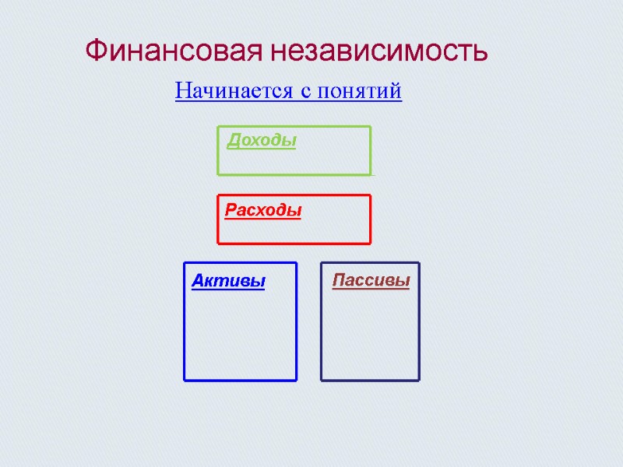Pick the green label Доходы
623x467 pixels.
[262, 141]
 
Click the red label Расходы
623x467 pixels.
[263, 210]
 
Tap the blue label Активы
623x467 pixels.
[228, 281]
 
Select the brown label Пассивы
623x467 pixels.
[371, 280]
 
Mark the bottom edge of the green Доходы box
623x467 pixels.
[294, 174]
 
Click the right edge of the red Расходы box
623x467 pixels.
[370, 219]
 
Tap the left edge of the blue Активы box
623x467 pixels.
[185, 321]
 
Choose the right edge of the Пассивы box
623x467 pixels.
[419, 321]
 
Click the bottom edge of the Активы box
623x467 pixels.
[240, 380]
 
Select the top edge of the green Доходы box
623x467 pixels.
[294, 126]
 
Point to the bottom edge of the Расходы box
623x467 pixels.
[294, 243]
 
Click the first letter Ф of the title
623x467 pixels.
[94, 52]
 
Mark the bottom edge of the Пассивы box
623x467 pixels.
[370, 380]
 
